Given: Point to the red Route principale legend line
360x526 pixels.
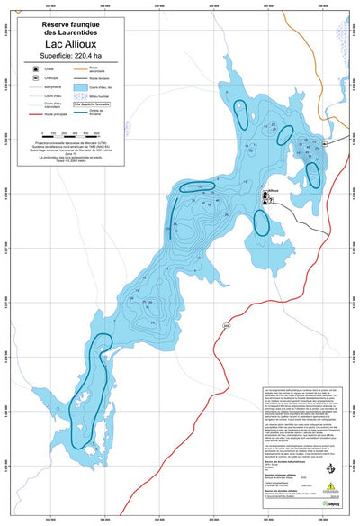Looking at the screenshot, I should pos(34,115).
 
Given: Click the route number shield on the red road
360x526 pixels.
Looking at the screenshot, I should pos(227,324).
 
